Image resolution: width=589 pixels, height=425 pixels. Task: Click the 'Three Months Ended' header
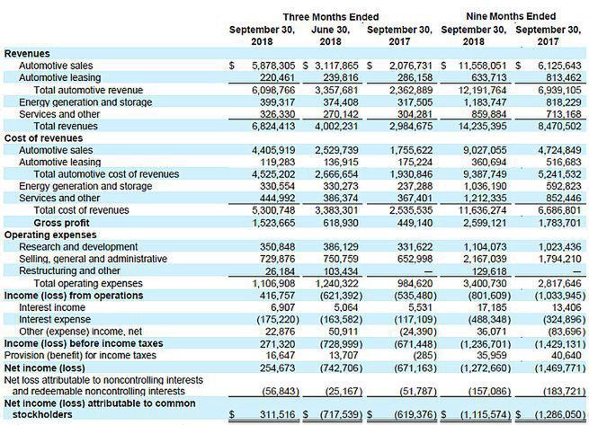pos(330,17)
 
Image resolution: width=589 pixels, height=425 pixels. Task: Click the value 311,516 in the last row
pos(279,413)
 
